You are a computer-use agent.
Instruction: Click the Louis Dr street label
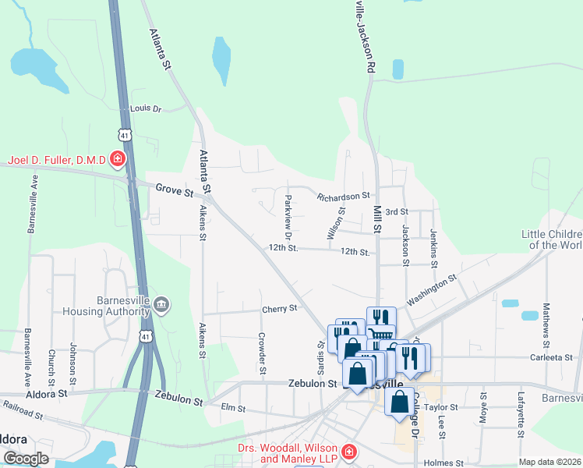145,109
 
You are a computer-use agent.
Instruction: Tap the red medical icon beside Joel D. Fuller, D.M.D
118,161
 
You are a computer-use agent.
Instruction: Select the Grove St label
174,189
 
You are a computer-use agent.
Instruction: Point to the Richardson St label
342,197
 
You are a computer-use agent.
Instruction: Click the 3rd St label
397,211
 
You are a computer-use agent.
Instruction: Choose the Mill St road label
377,220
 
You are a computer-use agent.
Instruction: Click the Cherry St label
280,308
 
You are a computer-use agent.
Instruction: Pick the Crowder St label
262,352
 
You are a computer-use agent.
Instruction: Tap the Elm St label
233,408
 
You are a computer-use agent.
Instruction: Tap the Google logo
26,459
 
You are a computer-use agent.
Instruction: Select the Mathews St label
546,324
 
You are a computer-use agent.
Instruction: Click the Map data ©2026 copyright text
549,462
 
